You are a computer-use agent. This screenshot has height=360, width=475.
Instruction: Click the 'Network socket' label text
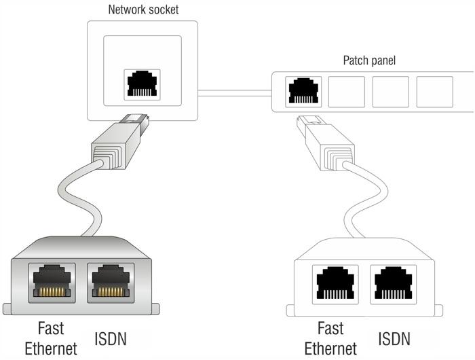point(143,10)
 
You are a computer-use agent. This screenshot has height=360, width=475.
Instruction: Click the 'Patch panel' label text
point(369,60)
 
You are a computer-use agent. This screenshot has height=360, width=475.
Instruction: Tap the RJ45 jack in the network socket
point(142,85)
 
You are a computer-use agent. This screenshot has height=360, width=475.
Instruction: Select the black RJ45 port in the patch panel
point(303,92)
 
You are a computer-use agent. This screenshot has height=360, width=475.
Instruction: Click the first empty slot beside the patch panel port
point(347,92)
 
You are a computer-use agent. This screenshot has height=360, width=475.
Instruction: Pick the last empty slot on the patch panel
point(435,92)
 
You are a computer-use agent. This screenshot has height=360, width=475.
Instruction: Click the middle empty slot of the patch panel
point(390,92)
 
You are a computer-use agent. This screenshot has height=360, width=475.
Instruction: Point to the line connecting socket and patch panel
point(235,93)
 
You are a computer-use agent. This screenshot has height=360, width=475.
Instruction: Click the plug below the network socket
point(120,141)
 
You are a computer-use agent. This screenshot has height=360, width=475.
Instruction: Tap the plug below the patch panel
point(326,143)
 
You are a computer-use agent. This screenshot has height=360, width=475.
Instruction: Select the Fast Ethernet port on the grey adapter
point(52,283)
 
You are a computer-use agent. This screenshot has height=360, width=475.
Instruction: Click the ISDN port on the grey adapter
point(111,283)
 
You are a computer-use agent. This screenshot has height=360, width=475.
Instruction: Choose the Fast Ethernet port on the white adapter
point(335,284)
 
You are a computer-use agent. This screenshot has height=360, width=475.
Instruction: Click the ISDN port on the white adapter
point(393,284)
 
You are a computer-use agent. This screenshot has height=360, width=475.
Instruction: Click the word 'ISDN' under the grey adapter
point(110,339)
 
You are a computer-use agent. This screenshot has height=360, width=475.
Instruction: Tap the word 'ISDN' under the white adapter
point(394,339)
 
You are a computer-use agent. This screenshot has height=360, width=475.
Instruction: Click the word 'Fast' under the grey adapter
point(51,328)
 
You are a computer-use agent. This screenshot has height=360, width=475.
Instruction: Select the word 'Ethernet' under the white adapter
point(330,348)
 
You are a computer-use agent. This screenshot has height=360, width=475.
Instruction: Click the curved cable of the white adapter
point(366,197)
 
